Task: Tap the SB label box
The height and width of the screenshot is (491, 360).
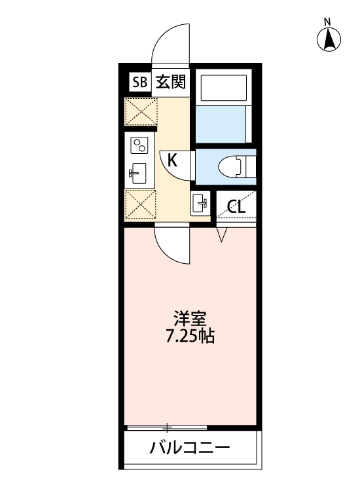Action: point(139,82)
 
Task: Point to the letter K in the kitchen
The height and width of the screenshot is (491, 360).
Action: point(171,159)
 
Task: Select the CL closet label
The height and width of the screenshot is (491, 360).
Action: point(236,208)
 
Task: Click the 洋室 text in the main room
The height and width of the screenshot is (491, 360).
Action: point(190,320)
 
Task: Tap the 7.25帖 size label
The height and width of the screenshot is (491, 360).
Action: point(190,338)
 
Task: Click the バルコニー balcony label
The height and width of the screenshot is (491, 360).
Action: point(190,449)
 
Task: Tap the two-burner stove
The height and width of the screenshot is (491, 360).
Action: point(139,145)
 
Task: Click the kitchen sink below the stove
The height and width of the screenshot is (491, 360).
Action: point(139,174)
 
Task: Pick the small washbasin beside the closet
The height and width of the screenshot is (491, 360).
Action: point(200,202)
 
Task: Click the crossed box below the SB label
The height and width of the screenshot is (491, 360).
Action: point(140,111)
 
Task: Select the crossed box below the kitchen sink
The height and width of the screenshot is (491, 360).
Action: point(140,205)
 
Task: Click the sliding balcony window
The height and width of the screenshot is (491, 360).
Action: point(168,427)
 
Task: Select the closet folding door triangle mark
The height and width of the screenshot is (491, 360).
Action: point(221,234)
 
